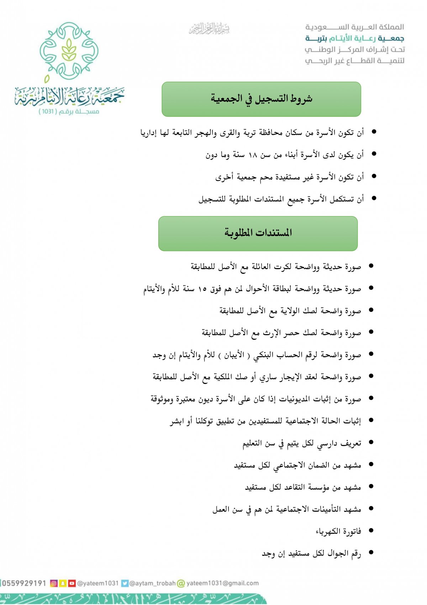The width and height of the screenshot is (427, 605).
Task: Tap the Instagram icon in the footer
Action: point(54,583)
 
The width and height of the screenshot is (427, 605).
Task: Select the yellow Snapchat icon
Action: point(63,583)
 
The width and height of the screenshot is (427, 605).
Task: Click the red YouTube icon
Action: point(72,583)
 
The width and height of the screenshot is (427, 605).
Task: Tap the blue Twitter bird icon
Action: point(125,583)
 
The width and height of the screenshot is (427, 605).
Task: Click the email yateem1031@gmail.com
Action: point(222,583)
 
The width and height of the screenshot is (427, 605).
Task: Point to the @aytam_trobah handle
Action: point(153,583)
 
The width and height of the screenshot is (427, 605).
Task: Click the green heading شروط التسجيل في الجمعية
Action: point(261,99)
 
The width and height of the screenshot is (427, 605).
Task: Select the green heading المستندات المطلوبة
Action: point(258,233)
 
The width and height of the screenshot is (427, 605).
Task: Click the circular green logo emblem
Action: point(69,51)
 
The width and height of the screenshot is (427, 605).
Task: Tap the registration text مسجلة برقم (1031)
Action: point(69,112)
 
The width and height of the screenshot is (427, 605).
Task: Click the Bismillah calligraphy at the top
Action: point(210,29)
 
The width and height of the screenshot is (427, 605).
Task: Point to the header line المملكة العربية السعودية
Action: point(355,27)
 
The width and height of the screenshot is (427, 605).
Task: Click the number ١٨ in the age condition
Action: point(253,155)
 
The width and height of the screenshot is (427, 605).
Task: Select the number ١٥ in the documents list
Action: point(202,289)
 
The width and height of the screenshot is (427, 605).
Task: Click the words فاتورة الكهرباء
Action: point(338,532)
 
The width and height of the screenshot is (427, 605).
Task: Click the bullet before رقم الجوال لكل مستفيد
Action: point(371,553)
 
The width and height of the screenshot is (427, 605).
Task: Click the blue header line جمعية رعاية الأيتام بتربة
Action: point(355,38)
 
